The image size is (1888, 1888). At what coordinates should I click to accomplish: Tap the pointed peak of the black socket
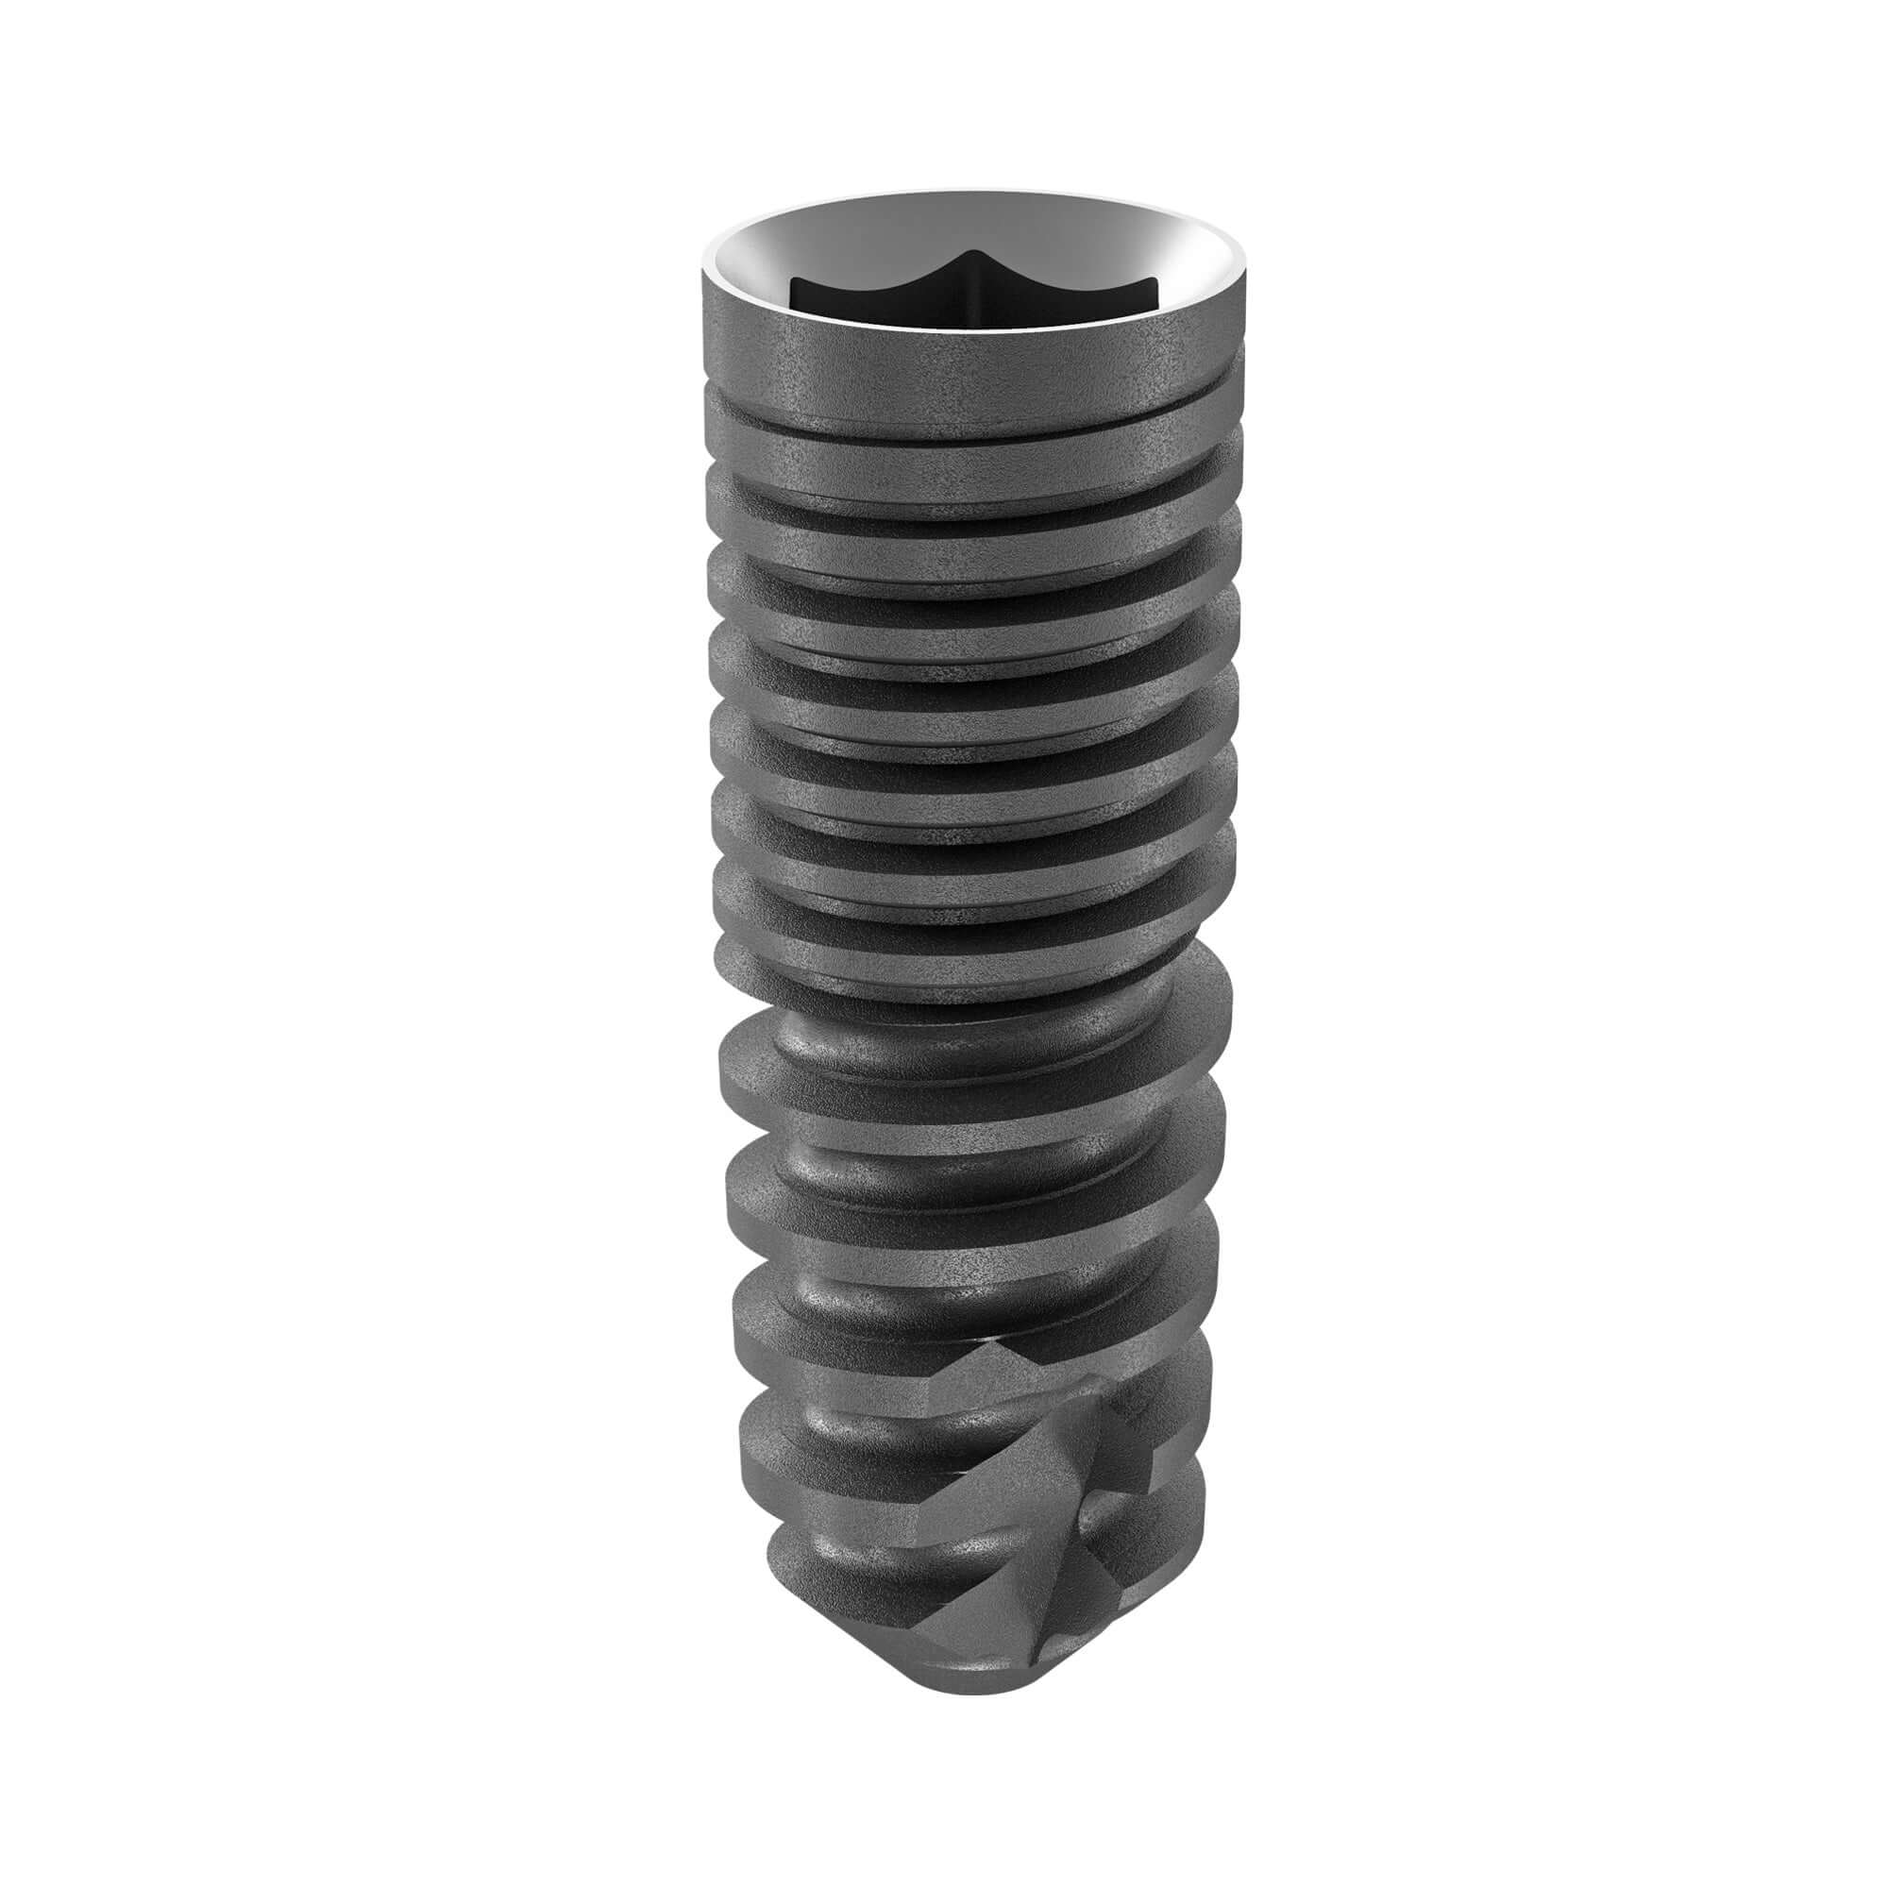(x=973, y=256)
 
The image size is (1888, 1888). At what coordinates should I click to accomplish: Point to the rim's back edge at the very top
(x=973, y=193)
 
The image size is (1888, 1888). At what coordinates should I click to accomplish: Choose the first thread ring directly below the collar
(x=973, y=479)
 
